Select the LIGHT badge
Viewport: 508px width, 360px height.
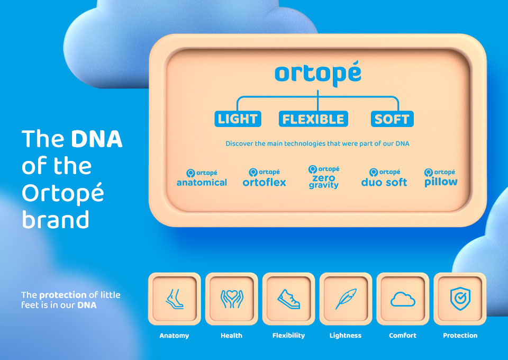click(x=238, y=119)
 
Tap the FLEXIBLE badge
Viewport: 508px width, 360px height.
click(x=313, y=119)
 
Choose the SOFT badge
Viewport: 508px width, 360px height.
click(x=392, y=119)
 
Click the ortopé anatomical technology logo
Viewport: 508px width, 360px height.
click(x=202, y=178)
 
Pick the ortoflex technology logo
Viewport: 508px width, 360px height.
click(x=264, y=177)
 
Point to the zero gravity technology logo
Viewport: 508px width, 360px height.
click(x=324, y=177)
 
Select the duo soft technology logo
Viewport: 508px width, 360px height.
click(x=384, y=177)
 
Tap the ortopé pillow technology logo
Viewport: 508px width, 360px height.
click(x=441, y=178)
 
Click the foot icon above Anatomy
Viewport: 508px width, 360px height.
click(x=174, y=299)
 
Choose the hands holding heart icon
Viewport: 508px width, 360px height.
click(x=232, y=299)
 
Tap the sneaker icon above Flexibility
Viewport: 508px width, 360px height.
click(x=289, y=299)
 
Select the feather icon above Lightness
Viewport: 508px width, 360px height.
click(x=346, y=299)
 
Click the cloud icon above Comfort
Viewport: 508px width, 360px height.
click(x=403, y=299)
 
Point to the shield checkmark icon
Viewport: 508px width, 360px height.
click(x=460, y=299)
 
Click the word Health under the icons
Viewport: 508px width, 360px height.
click(x=231, y=335)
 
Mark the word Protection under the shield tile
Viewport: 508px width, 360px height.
click(x=460, y=335)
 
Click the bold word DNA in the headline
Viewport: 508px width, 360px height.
click(x=96, y=139)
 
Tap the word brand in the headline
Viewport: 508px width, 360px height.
click(x=56, y=219)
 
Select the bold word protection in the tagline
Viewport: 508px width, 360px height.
click(x=63, y=295)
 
